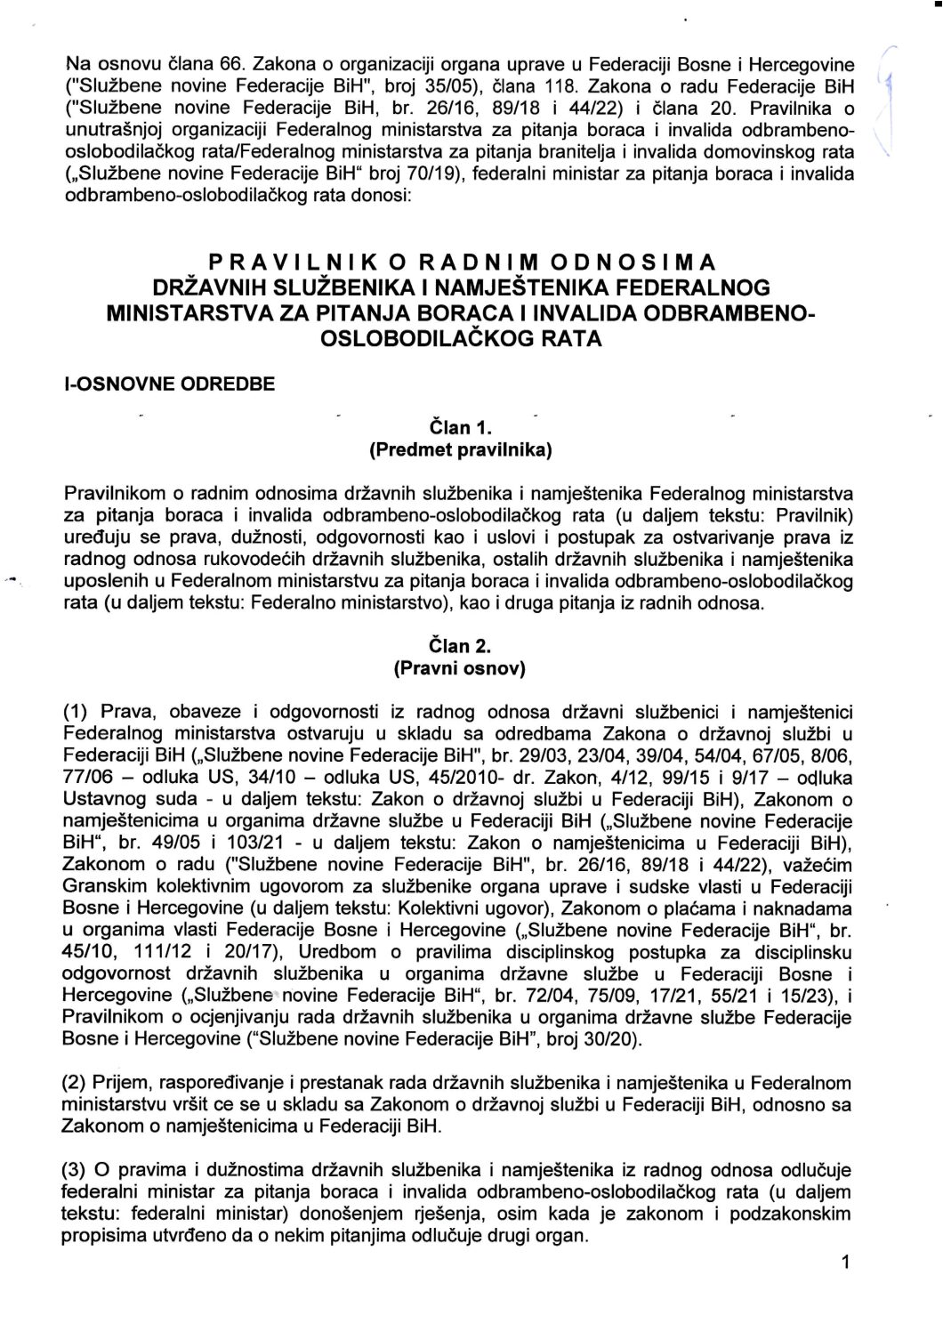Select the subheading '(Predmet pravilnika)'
(461, 449)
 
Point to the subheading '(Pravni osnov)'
(460, 668)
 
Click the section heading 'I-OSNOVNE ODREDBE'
(170, 384)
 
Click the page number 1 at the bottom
(845, 1261)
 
